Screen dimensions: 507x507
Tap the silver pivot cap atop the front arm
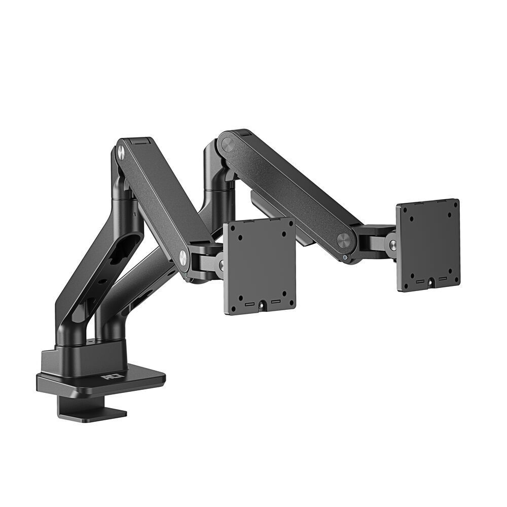coord(121,151)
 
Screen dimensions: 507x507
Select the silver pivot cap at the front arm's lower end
coord(182,258)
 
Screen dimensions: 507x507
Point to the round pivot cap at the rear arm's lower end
coord(345,239)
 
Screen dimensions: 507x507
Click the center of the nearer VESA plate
coord(259,266)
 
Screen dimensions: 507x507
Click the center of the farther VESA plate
coord(428,245)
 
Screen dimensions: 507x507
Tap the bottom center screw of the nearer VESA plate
coord(263,305)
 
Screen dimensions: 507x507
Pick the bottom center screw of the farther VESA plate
coord(430,281)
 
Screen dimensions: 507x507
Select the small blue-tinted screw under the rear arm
coord(345,257)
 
